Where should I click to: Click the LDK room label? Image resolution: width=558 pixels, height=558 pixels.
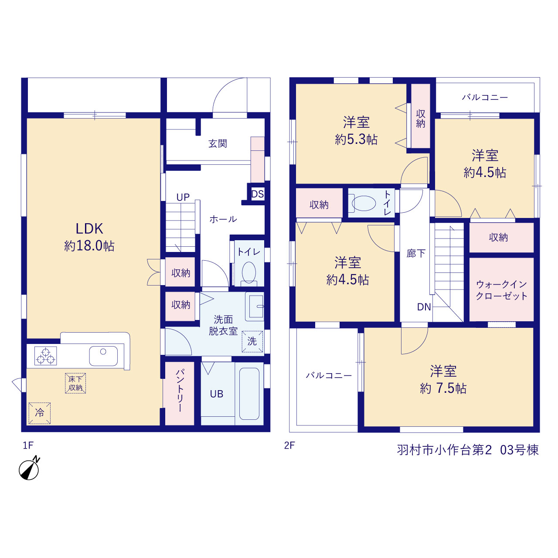89,229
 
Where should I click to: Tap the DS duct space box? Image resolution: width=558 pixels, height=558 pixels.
257,194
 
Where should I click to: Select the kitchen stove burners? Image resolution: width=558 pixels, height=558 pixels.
45,355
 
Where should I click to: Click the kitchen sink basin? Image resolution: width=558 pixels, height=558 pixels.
103,356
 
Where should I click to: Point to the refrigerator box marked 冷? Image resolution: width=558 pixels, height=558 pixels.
40,413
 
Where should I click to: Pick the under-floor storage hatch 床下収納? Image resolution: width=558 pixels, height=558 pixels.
75,383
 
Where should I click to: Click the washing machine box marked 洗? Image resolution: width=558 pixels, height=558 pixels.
252,341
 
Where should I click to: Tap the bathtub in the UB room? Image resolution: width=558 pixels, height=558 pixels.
249,394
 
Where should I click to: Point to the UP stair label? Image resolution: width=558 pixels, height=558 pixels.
183,197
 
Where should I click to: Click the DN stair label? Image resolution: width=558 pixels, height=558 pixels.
424,306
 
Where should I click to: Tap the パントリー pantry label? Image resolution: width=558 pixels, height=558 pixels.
180,390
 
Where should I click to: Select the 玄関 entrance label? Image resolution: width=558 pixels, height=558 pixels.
218,143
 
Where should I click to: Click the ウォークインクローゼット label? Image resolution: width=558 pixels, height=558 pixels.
501,290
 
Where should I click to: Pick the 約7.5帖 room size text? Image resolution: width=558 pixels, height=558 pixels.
443,388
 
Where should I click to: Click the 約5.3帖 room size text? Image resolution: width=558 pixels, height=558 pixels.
356,139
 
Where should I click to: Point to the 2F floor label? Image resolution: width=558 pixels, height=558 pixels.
289,446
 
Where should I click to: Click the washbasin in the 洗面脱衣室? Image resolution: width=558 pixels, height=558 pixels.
255,306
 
